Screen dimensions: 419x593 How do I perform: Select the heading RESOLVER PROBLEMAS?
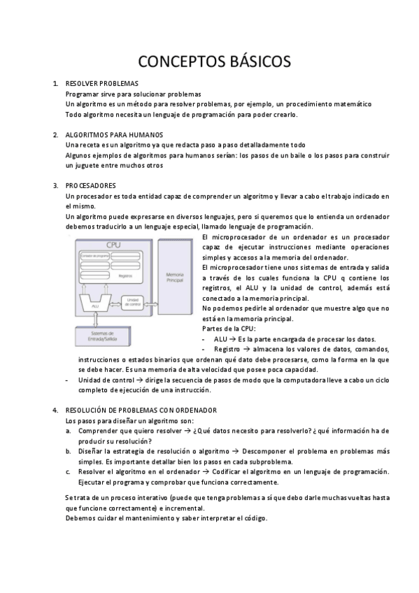click(101, 83)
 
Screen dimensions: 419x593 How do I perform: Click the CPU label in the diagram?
click(113, 245)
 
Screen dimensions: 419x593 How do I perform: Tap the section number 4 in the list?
click(55, 410)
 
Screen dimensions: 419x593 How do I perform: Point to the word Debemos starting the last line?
click(80, 518)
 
